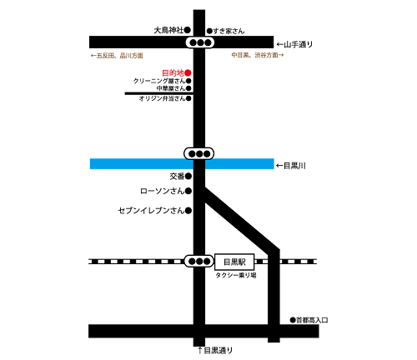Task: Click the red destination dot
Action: click(x=188, y=72)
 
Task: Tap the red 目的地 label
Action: click(x=172, y=72)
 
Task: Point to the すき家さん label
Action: click(x=229, y=31)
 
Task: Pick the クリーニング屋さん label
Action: click(x=158, y=81)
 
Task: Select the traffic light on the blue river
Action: click(x=199, y=153)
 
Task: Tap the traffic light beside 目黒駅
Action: click(x=199, y=261)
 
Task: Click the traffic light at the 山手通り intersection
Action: click(x=199, y=42)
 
